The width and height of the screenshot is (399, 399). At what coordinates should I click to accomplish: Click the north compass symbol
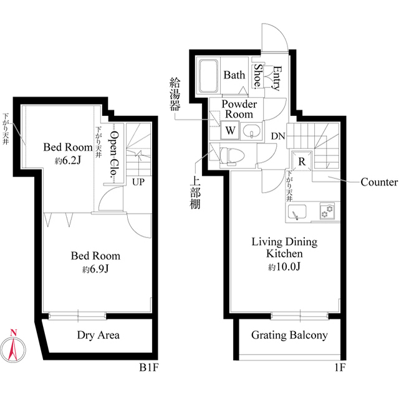13,348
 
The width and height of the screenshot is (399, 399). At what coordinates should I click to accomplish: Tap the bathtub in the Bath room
209,76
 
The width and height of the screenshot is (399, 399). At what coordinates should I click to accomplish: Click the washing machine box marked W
230,130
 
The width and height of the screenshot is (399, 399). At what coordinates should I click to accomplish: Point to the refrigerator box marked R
302,161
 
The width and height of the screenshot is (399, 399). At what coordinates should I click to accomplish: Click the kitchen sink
297,211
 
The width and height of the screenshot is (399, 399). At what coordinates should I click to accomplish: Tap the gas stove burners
327,211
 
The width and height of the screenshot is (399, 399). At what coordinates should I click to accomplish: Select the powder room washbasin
252,132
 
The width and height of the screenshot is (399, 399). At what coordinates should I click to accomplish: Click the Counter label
379,182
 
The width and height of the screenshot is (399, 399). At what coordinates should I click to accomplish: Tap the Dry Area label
99,335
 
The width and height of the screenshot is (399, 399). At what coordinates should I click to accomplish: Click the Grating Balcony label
289,335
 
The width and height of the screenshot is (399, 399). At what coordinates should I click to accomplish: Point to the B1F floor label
149,367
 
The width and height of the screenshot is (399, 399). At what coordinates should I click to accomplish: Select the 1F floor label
340,367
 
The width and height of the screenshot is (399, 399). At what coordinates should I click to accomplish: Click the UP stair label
138,182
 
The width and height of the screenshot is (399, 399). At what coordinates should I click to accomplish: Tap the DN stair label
278,137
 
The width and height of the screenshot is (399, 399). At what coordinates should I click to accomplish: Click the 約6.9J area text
95,269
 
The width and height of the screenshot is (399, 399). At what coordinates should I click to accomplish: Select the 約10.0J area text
284,266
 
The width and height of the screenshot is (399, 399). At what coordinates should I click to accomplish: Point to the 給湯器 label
175,94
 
